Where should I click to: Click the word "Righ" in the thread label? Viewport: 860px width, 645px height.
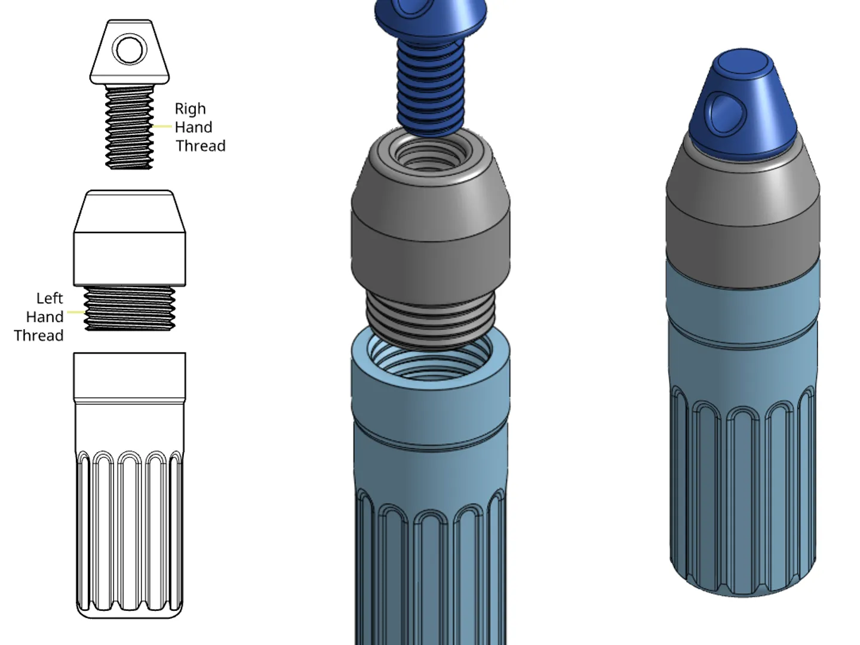[190, 109]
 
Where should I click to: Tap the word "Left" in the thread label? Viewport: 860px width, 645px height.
[50, 299]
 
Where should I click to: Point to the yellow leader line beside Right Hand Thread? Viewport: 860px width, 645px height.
[162, 127]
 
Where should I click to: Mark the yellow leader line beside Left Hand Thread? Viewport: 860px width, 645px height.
[76, 312]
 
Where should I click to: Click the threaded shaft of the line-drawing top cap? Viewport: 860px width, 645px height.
[129, 128]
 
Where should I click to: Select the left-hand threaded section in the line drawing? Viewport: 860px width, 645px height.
[130, 308]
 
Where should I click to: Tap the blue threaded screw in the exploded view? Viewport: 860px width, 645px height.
[431, 88]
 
